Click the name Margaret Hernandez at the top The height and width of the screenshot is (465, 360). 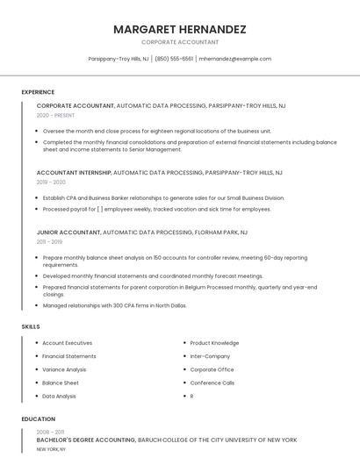[179, 29]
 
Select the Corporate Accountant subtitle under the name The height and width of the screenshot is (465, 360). [179, 42]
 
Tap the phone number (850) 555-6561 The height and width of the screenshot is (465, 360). [174, 59]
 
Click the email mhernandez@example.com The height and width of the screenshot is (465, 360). [234, 59]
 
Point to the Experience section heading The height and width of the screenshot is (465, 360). [38, 92]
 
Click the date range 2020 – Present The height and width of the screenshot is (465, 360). [55, 115]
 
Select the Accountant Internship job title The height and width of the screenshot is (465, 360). [74, 173]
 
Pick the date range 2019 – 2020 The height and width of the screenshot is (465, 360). [51, 182]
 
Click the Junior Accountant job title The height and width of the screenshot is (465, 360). [68, 232]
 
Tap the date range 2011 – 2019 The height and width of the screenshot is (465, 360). [49, 242]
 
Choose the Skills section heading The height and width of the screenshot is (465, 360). [31, 326]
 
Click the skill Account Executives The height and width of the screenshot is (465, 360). [67, 343]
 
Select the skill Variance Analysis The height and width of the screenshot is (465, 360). [64, 369]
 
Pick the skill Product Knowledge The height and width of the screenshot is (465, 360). [214, 343]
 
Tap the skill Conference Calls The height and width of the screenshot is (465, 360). [212, 383]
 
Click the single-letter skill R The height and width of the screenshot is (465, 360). [191, 396]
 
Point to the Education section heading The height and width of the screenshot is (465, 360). [39, 419]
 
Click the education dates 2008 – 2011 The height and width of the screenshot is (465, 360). [50, 432]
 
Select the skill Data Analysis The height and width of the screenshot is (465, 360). [59, 396]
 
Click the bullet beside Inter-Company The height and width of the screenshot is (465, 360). [184, 356]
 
